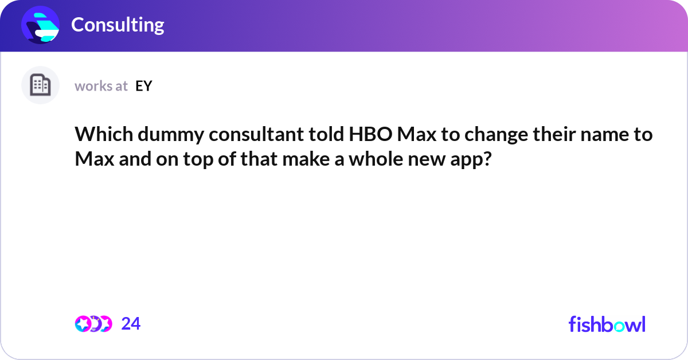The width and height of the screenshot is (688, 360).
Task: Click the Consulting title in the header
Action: coord(118,25)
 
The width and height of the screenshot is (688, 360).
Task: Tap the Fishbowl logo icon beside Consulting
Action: coord(41,25)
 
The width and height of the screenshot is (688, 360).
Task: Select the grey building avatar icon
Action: coord(40,85)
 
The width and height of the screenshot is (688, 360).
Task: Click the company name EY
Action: coord(144,86)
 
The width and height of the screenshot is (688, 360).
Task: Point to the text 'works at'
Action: coord(101,86)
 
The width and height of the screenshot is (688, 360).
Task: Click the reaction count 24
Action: coord(131,324)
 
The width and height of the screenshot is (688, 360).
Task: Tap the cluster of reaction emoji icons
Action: coord(93,324)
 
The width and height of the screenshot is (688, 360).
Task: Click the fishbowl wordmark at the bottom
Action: coord(607,324)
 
